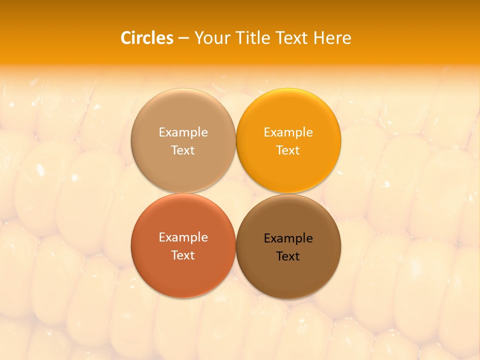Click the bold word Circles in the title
[x=147, y=38]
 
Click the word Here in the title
[x=332, y=38]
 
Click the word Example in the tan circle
[x=183, y=132]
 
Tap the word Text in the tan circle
[x=183, y=150]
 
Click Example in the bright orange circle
[x=288, y=132]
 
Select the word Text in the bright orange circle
[x=288, y=150]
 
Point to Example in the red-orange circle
[x=183, y=237]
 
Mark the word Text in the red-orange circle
[x=183, y=255]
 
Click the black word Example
[x=288, y=238]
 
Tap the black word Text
[x=288, y=256]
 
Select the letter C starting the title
[x=126, y=38]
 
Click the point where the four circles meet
[x=236, y=193]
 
